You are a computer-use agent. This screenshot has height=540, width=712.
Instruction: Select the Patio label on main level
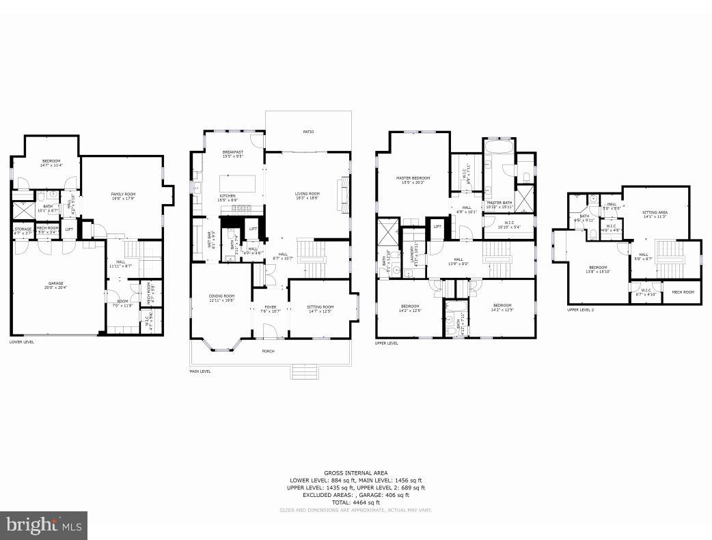pyautogui.click(x=308, y=131)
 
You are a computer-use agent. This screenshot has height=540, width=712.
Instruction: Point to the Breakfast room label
pyautogui.click(x=232, y=153)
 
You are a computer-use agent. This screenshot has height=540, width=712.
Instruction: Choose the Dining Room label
pyautogui.click(x=221, y=297)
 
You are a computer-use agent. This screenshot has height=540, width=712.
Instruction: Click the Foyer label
pyautogui.click(x=271, y=309)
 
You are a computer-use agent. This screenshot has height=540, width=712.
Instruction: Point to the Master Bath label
pyautogui.click(x=499, y=203)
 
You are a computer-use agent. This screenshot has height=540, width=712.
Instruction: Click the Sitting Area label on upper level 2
pyautogui.click(x=655, y=214)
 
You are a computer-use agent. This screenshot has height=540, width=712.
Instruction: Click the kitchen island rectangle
pyautogui.click(x=237, y=184)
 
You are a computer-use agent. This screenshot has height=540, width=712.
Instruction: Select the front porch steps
pyautogui.click(x=305, y=371)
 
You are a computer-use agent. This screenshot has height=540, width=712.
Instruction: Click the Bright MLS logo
pyautogui.click(x=44, y=525)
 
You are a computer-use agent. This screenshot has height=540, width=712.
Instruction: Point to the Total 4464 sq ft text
pyautogui.click(x=356, y=502)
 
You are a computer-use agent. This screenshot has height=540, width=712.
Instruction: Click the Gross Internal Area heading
pyautogui.click(x=356, y=472)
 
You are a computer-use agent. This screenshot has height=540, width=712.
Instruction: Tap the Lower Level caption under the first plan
pyautogui.click(x=22, y=341)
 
